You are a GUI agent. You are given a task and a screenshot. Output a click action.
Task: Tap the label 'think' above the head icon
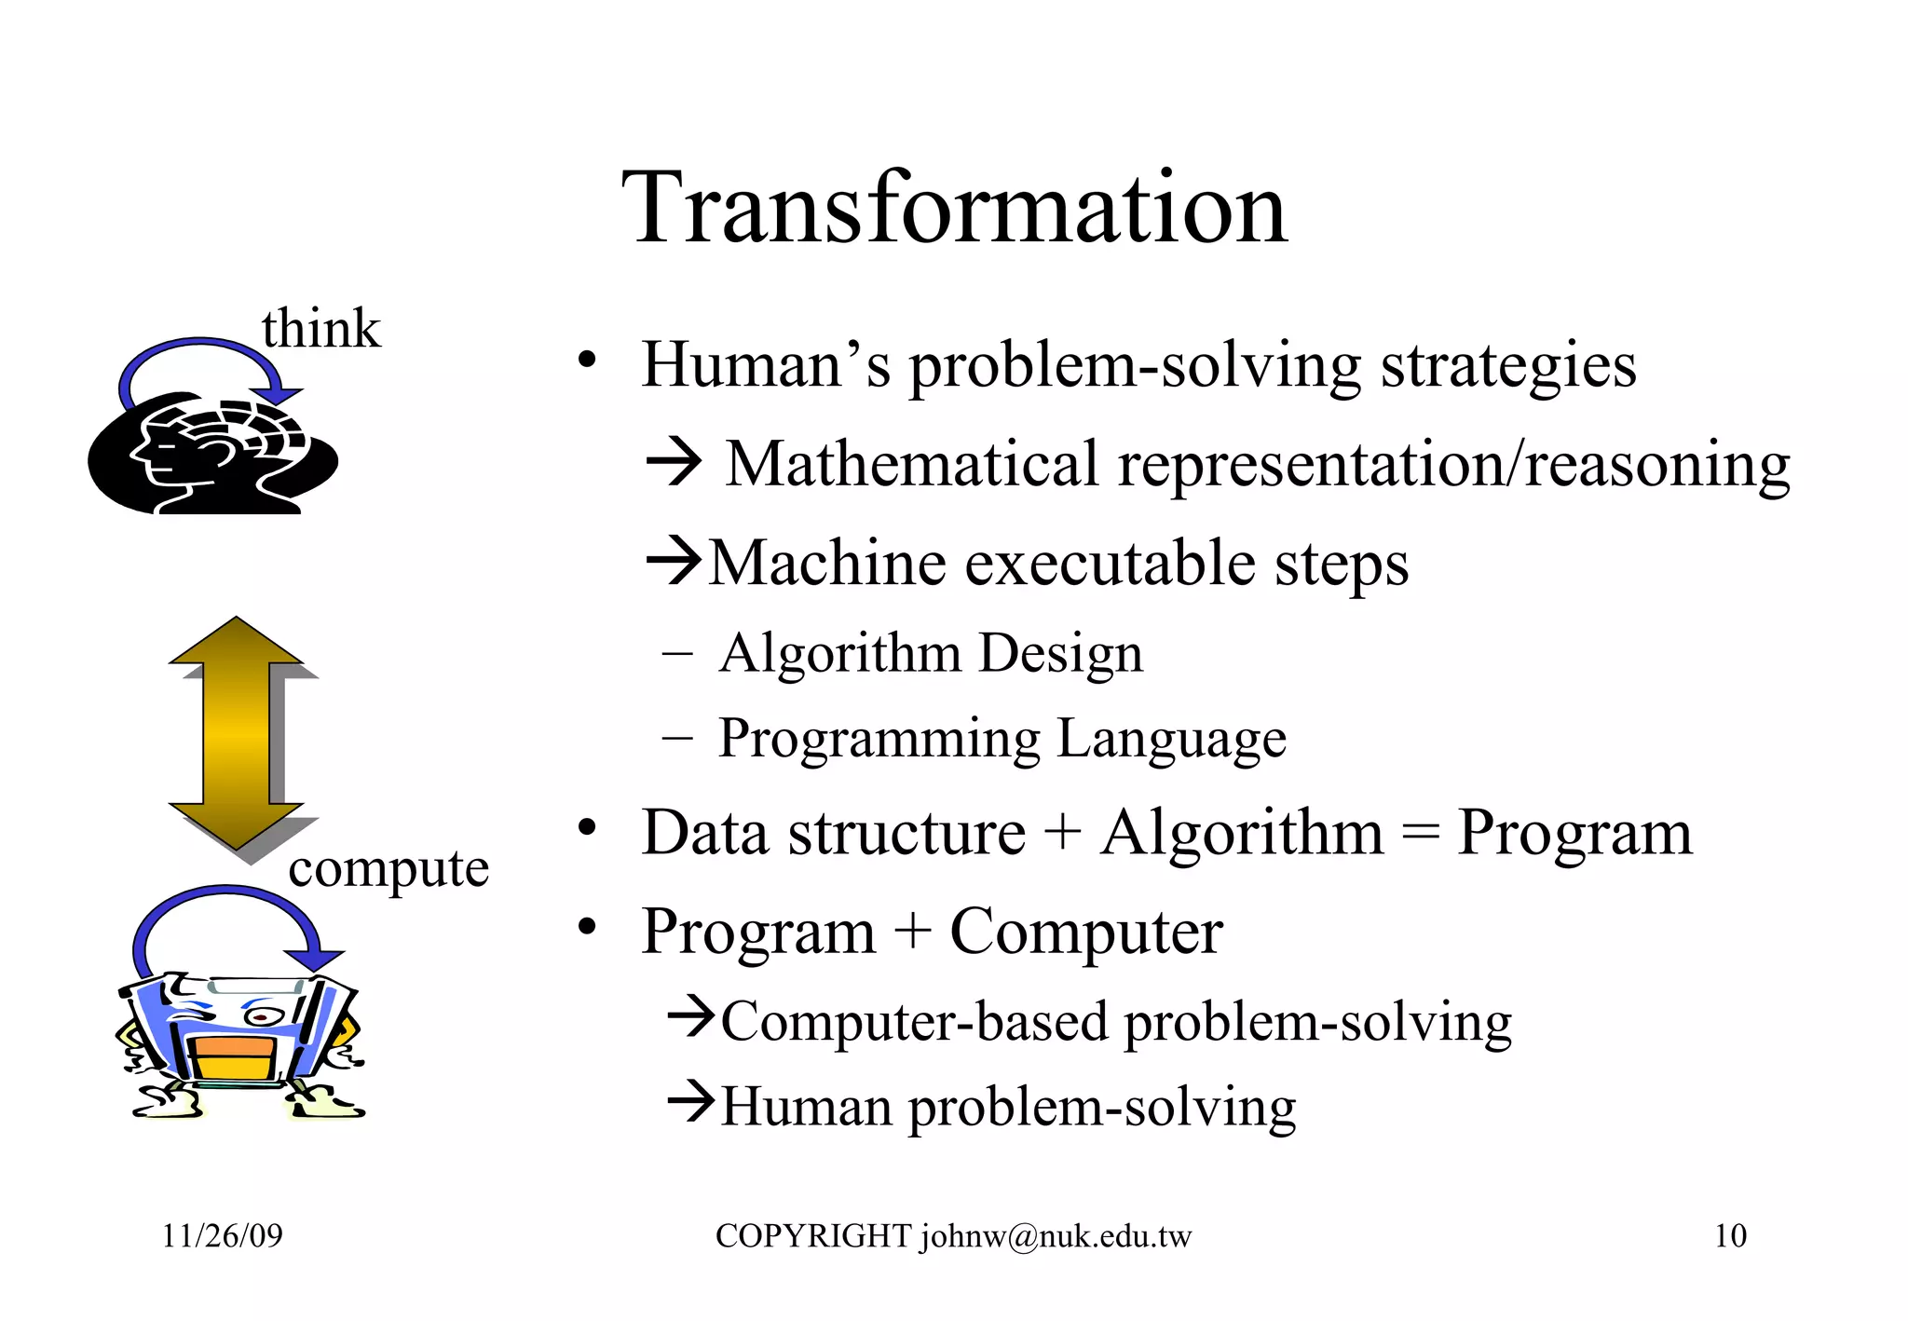[x=320, y=329]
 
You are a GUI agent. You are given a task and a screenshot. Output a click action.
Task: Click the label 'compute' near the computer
[x=388, y=868]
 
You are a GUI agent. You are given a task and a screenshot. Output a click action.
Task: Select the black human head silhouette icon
[x=211, y=456]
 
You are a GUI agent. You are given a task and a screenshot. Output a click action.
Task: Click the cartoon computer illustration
[x=240, y=1043]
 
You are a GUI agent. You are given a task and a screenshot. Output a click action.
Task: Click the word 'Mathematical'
[x=912, y=464]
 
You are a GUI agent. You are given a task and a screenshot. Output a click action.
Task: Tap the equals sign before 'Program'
[x=1420, y=832]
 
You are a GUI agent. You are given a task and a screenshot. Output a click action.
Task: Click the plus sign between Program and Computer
[x=913, y=931]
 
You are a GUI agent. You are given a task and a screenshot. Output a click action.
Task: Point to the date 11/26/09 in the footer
[x=222, y=1235]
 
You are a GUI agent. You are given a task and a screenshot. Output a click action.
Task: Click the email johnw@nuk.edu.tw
[x=1056, y=1236]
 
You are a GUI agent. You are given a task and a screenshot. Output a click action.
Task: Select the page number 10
[x=1730, y=1235]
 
